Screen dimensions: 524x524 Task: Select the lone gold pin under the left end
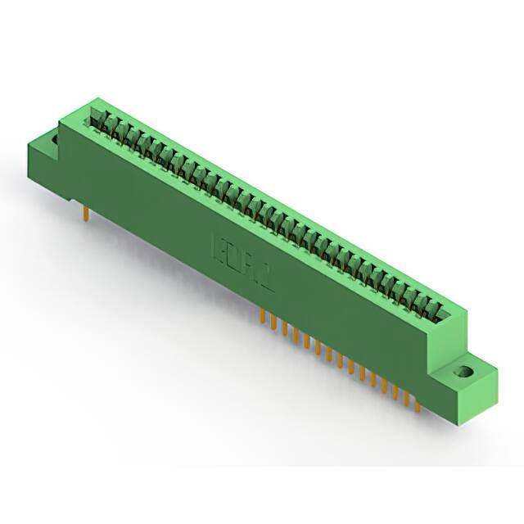(86, 214)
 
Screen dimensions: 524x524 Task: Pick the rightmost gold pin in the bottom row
(417, 402)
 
